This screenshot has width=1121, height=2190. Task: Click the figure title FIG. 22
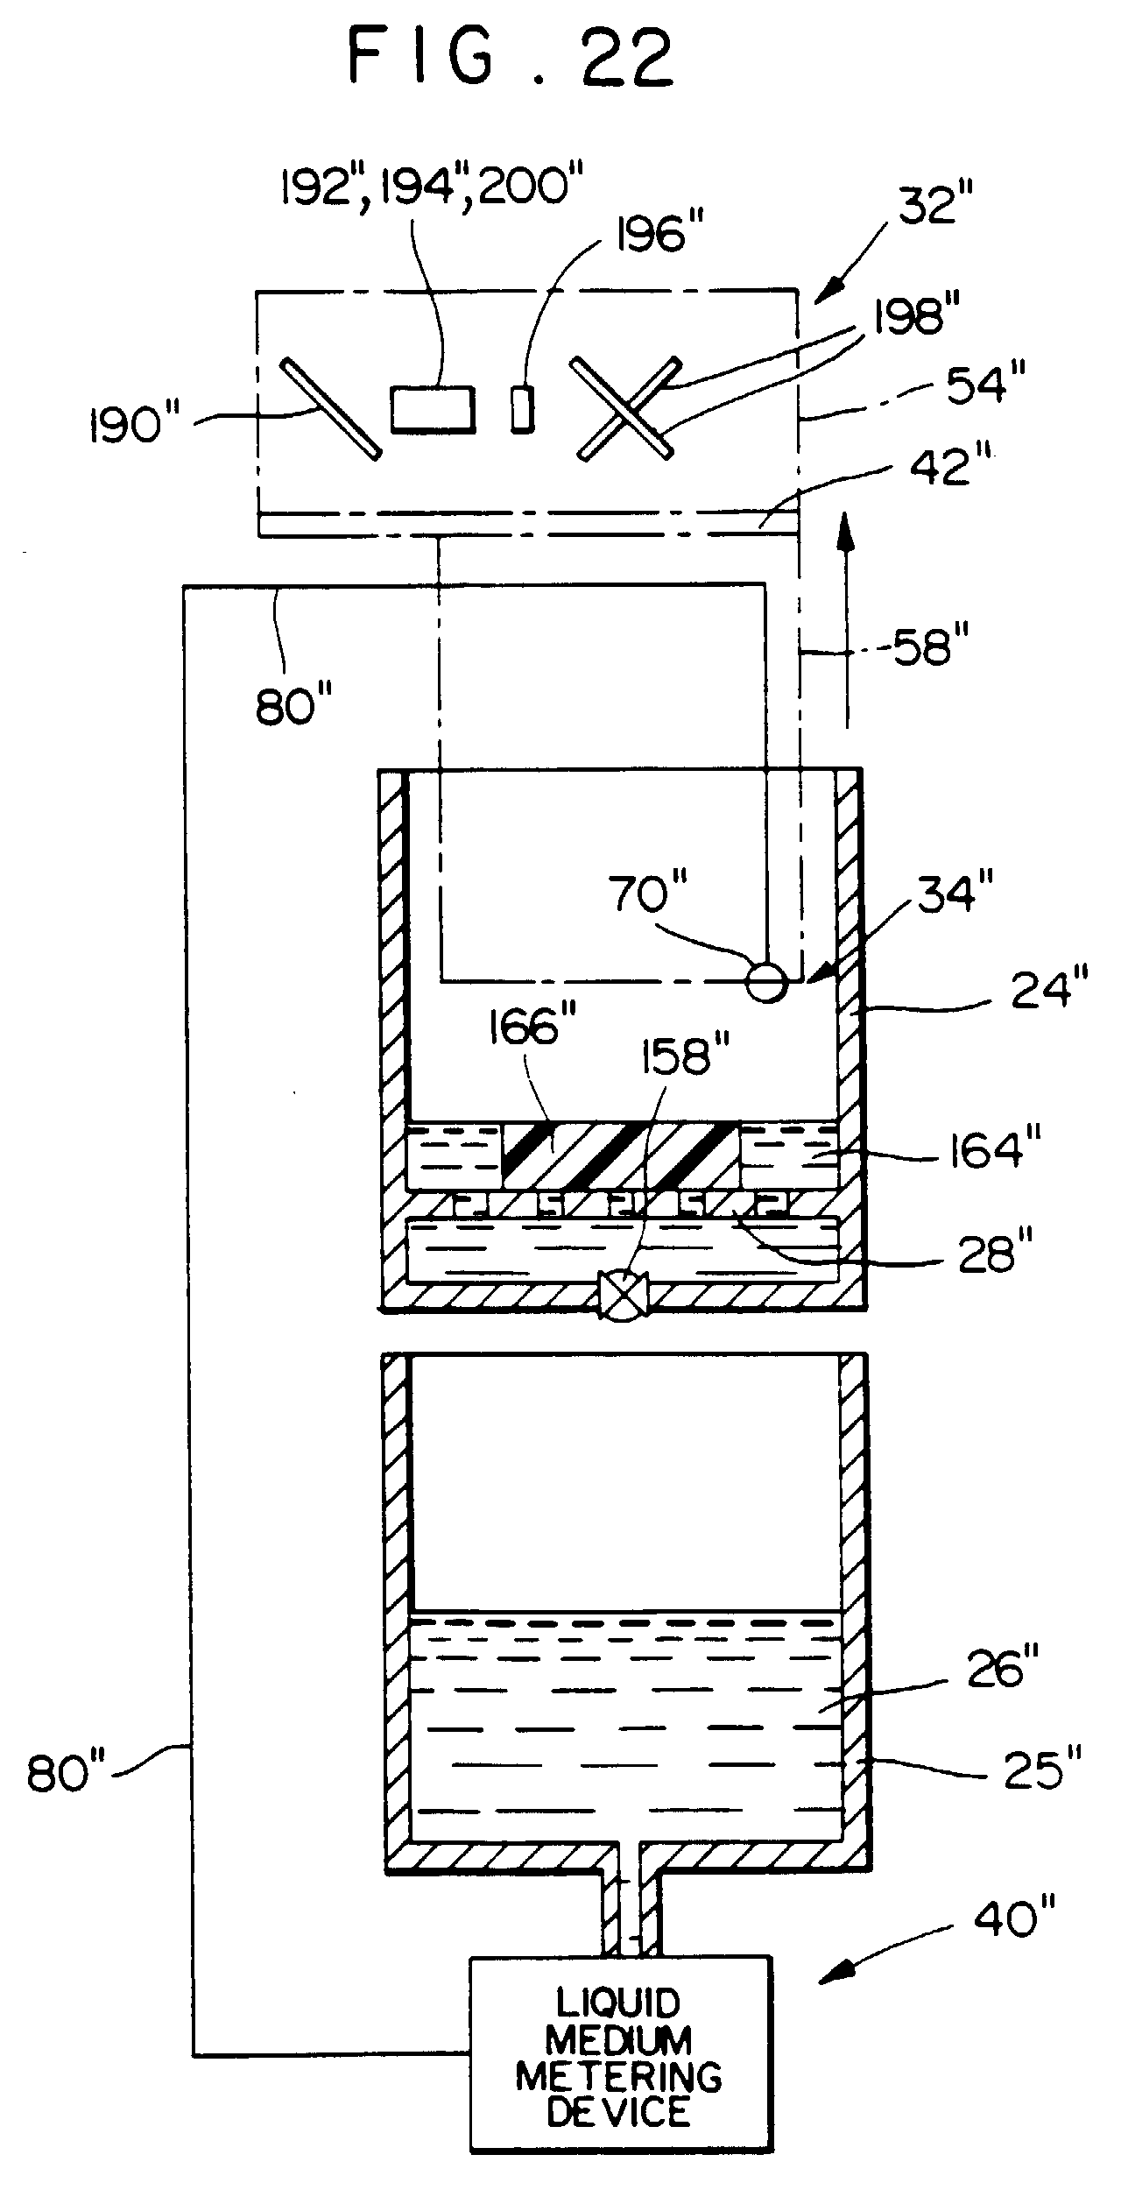click(x=511, y=58)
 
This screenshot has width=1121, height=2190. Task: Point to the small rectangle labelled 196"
click(x=522, y=408)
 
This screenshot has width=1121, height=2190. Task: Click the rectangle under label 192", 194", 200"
click(x=434, y=409)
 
